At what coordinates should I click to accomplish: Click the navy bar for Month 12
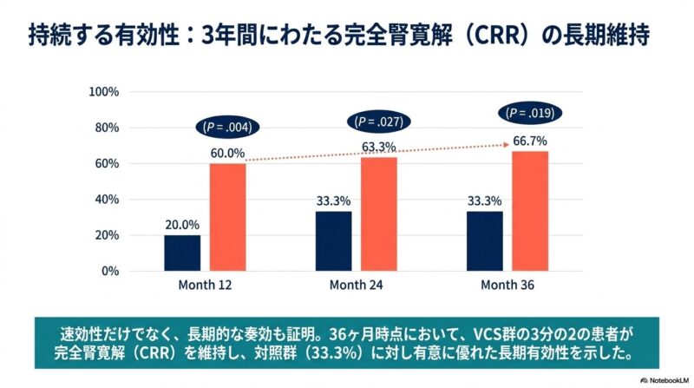(182, 253)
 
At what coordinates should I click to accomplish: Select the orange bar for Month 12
(227, 217)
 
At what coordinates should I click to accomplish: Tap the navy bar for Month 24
(334, 240)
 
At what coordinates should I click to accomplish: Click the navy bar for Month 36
(484, 240)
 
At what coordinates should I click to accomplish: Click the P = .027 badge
(378, 122)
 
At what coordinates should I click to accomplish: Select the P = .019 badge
(530, 113)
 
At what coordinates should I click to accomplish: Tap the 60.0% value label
(227, 154)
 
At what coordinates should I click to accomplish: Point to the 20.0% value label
(182, 224)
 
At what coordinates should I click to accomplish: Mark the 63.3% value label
(379, 147)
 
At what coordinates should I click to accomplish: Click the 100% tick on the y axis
(105, 92)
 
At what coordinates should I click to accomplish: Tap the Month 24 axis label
(356, 285)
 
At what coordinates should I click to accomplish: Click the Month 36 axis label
(507, 285)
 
